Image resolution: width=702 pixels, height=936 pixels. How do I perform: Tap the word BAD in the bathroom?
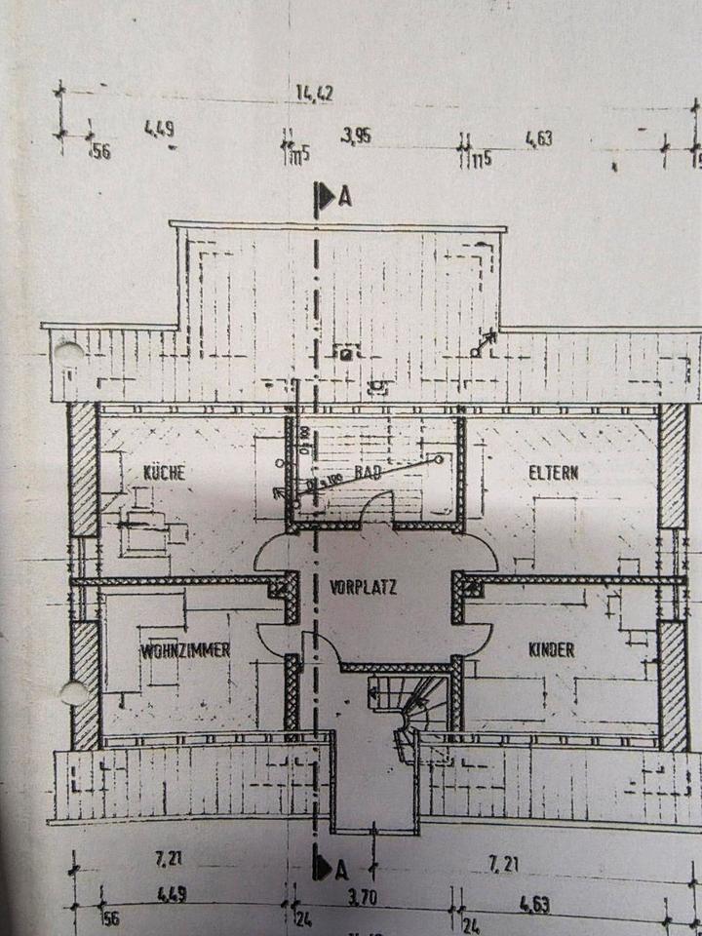368,472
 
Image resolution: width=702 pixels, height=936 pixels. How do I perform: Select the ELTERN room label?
553,473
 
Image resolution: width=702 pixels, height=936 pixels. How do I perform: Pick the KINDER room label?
551,649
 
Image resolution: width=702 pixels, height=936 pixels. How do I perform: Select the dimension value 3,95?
356,136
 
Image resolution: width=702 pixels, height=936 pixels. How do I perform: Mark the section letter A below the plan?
341,869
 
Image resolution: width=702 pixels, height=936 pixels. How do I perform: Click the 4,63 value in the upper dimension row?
538,138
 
